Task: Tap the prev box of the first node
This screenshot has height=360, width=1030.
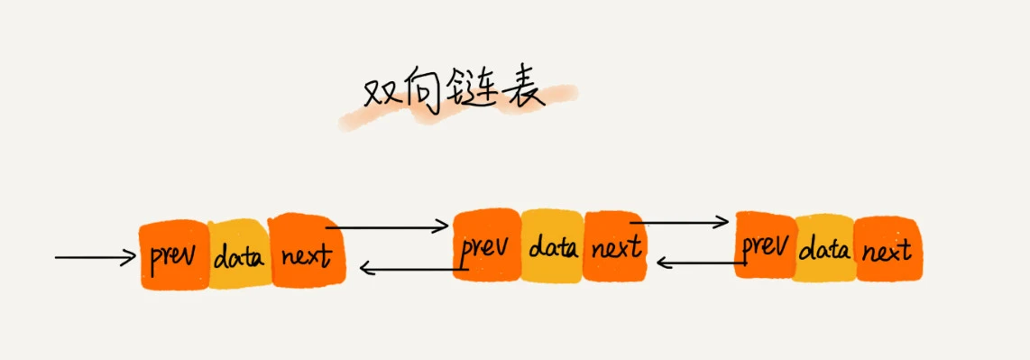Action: pos(174,255)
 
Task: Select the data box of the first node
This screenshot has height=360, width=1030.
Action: pos(239,256)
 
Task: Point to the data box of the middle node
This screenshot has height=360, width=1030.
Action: pos(552,246)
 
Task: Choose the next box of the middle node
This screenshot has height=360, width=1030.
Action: pos(615,245)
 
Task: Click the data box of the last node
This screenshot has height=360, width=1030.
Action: pos(824,248)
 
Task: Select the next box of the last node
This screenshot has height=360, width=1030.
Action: pos(887,248)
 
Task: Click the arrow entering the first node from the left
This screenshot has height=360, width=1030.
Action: pos(95,258)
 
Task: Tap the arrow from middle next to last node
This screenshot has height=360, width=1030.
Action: pos(679,221)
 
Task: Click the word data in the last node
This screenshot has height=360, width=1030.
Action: pos(824,248)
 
